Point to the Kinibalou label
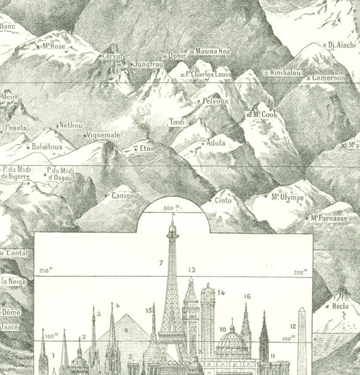point(286,73)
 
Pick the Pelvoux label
point(217,101)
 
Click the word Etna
point(147,149)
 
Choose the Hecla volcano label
point(340,307)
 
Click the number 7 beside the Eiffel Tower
point(161,262)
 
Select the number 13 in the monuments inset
point(191,270)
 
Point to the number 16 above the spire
point(247,296)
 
